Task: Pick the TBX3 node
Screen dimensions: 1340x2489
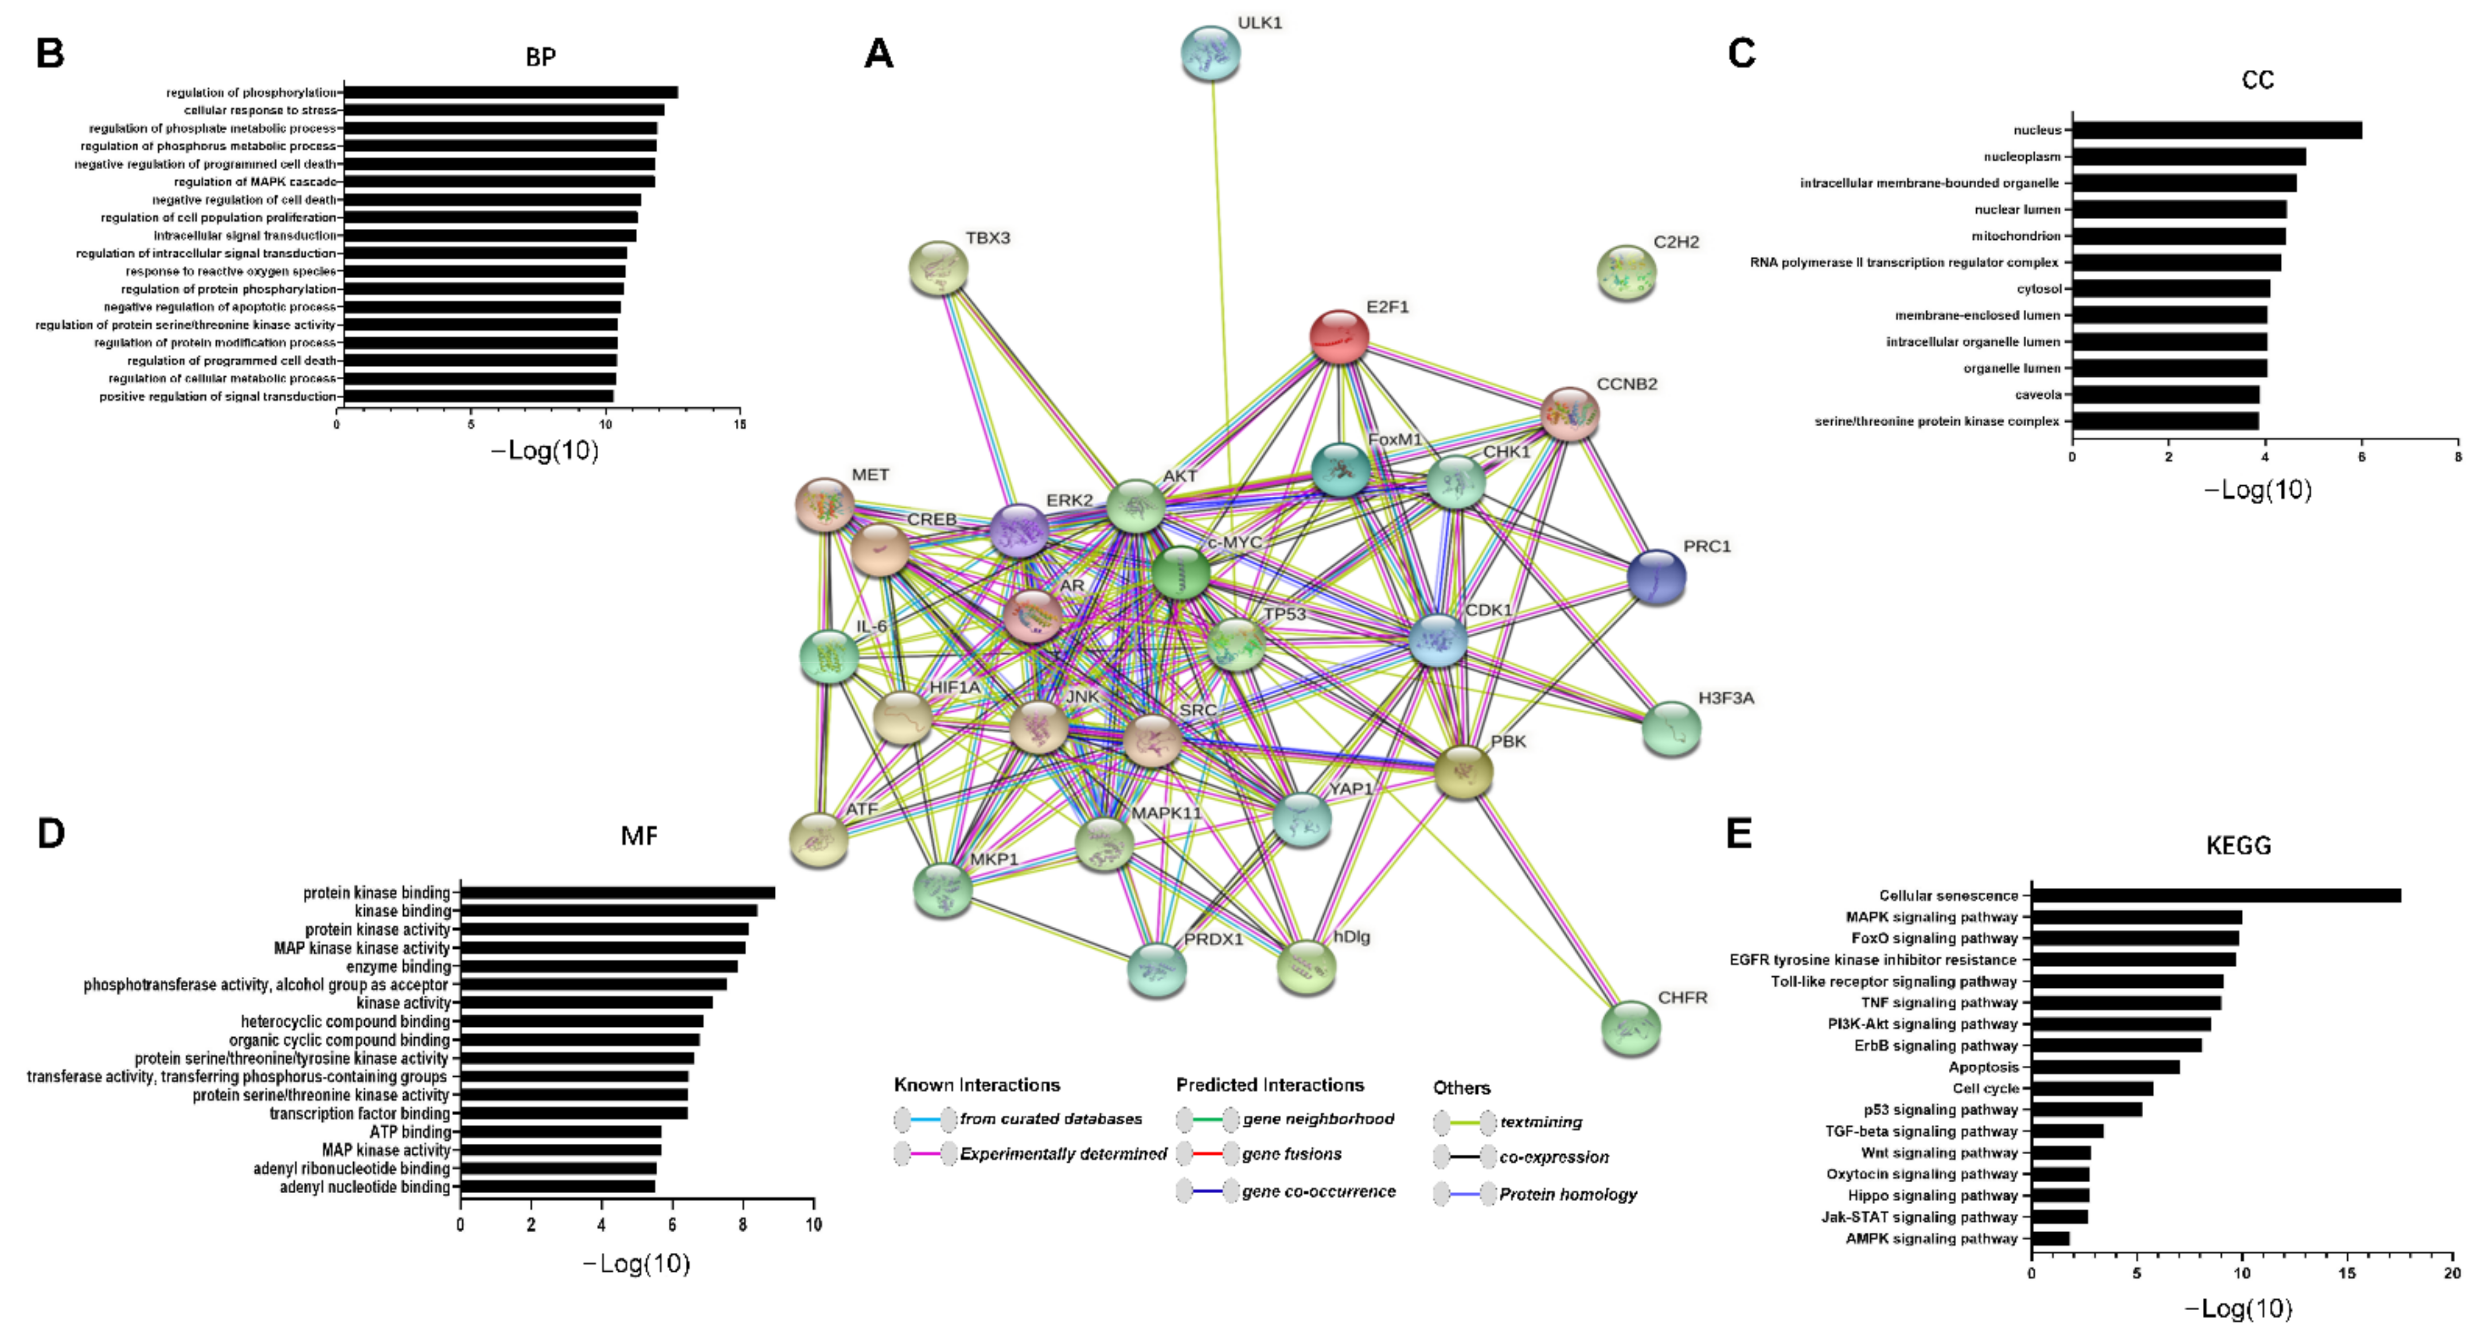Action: (938, 268)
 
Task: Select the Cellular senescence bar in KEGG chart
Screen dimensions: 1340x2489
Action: (2215, 895)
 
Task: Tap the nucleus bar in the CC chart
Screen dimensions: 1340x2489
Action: (2217, 130)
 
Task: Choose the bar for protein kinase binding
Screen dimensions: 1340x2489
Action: (618, 893)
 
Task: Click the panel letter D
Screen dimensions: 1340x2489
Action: (50, 833)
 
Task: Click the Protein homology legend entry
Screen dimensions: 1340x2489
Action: (1567, 1195)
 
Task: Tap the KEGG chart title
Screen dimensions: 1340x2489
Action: (2238, 846)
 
